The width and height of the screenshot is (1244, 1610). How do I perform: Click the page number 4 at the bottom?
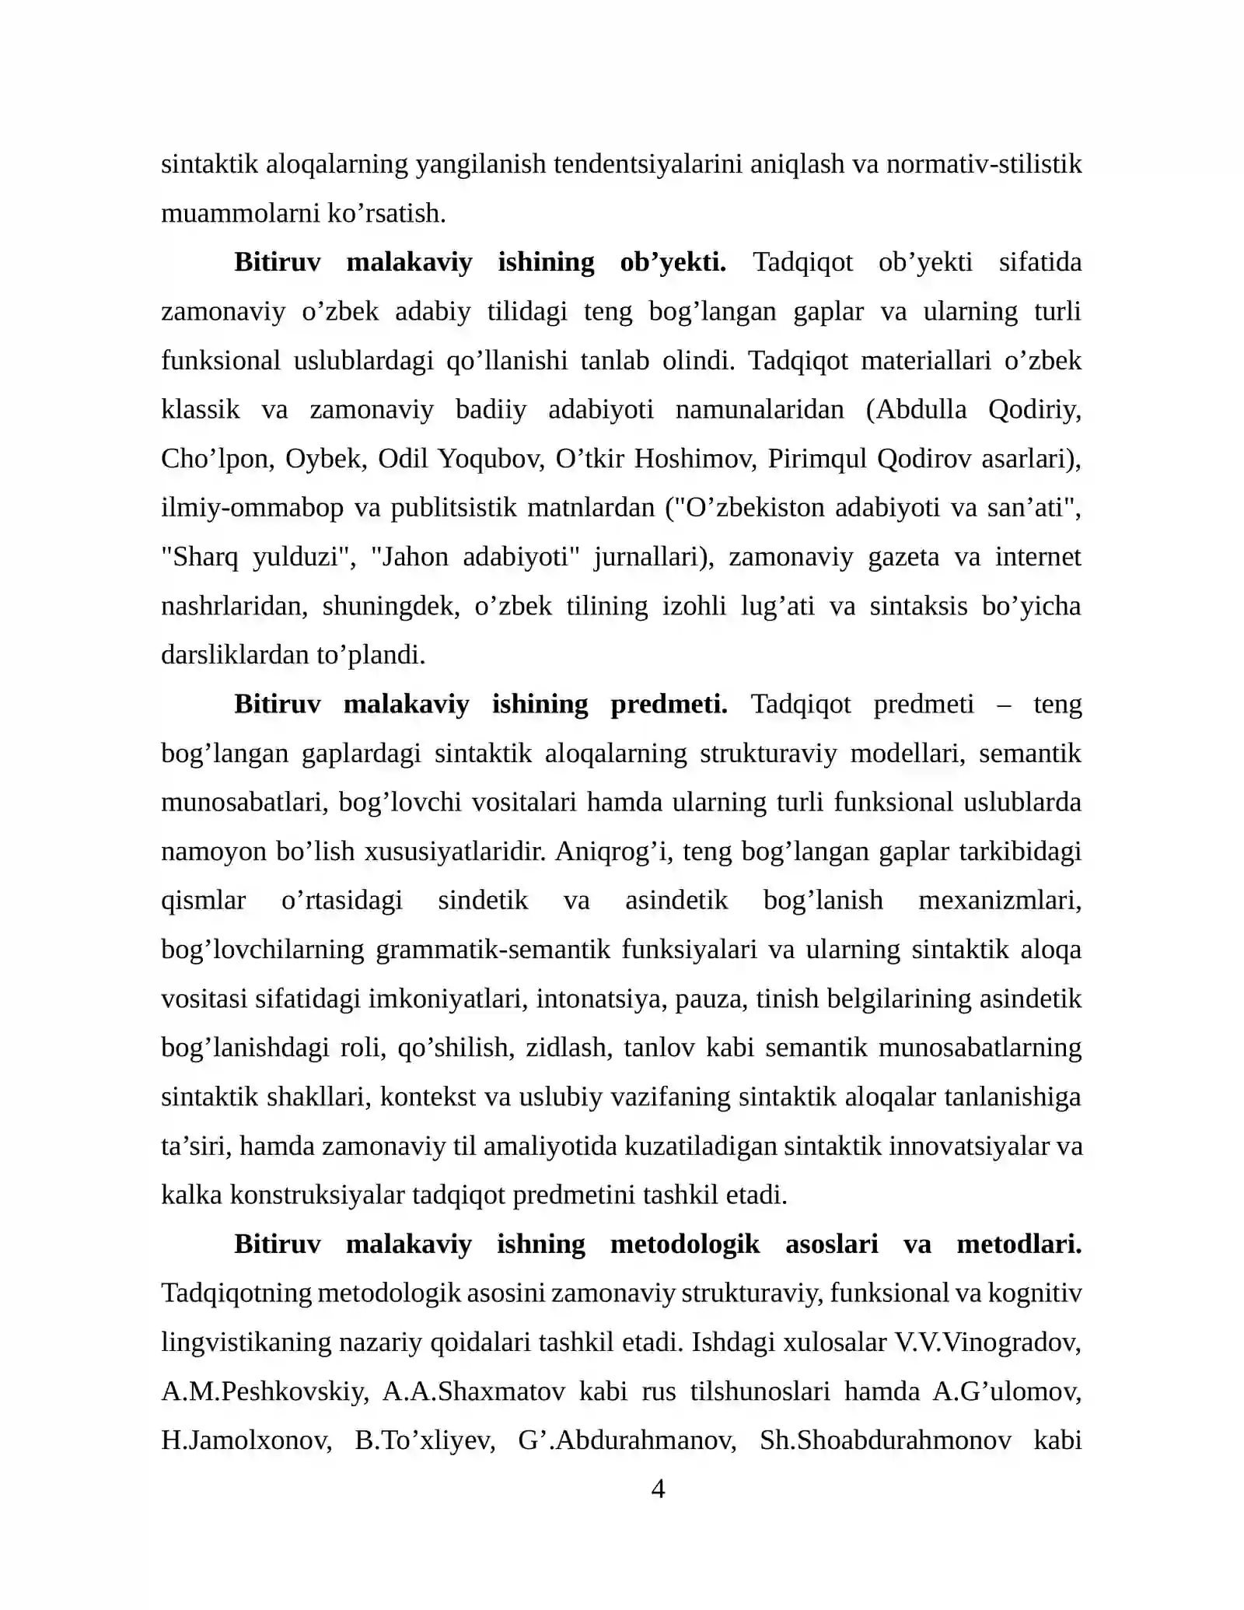tap(657, 1489)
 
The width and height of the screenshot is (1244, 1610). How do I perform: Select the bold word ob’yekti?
tap(673, 263)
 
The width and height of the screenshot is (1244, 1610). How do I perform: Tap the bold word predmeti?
tap(669, 705)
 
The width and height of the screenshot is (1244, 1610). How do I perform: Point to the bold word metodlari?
tap(1019, 1244)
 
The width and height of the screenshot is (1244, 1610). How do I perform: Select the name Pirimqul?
tap(816, 459)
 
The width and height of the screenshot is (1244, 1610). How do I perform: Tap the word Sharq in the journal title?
tap(201, 557)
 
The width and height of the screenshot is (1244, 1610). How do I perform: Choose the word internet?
tap(1038, 557)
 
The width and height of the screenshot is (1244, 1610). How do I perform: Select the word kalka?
tap(191, 1195)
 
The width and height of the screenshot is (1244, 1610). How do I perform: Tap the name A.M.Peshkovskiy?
tap(265, 1391)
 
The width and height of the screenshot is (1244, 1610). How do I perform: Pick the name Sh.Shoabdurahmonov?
tap(886, 1440)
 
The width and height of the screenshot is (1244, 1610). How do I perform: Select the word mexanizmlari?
tap(1000, 901)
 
